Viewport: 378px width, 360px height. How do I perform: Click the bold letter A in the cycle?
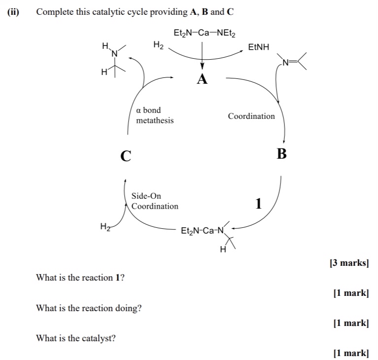pos(202,79)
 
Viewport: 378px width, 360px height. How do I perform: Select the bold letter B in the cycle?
pos(281,154)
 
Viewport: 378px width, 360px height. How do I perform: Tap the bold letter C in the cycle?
pos(126,156)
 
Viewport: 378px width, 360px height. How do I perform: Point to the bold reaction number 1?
pos(259,203)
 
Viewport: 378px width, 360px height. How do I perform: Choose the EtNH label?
pos(259,47)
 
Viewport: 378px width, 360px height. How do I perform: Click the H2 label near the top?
pos(158,45)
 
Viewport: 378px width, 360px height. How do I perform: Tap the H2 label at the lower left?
pos(105,227)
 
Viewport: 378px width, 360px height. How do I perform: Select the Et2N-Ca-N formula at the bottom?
pos(202,231)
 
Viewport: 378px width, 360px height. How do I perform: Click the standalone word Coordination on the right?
pos(251,116)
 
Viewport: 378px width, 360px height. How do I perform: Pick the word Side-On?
pos(146,196)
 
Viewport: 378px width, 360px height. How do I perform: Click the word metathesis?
pos(155,120)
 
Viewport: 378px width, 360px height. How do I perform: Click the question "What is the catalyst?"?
pos(76,338)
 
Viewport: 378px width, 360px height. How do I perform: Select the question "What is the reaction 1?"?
pos(80,278)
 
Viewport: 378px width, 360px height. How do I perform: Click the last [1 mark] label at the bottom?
pos(350,353)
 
